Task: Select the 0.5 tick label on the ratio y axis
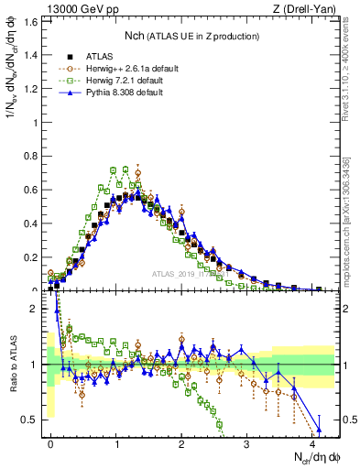(x=31, y=420)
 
